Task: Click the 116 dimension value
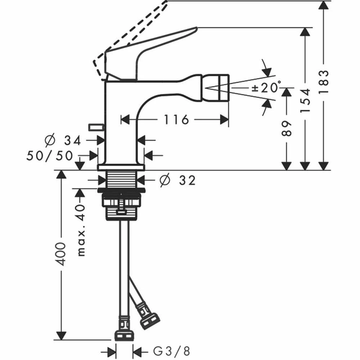point(176,119)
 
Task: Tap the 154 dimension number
point(305,100)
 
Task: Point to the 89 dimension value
point(286,128)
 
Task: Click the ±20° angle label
point(266,87)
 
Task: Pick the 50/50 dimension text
point(50,156)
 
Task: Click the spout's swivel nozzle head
point(217,89)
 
